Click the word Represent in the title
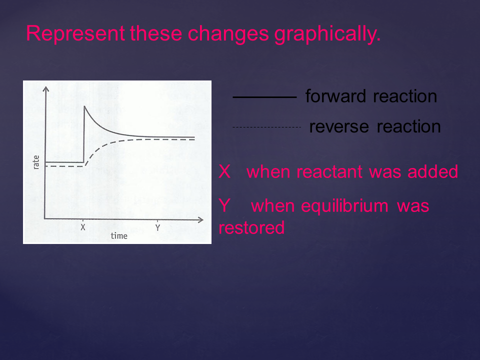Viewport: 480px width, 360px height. pyautogui.click(x=75, y=33)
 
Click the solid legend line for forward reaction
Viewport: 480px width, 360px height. pyautogui.click(x=265, y=97)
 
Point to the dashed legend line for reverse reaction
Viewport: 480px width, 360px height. pyautogui.click(x=266, y=127)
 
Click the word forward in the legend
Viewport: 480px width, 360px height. pyautogui.click(x=335, y=96)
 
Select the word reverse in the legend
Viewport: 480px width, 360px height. pyautogui.click(x=339, y=127)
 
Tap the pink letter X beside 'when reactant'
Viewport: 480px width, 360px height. pyautogui.click(x=224, y=171)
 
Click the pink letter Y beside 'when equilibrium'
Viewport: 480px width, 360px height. pyautogui.click(x=224, y=205)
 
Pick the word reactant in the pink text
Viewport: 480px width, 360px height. pyautogui.click(x=330, y=171)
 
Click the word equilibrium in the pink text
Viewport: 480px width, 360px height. pyautogui.click(x=344, y=205)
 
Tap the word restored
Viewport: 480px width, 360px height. pyautogui.click(x=251, y=228)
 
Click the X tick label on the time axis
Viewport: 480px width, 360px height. pyautogui.click(x=83, y=227)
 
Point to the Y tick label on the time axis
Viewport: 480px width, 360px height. pyautogui.click(x=157, y=228)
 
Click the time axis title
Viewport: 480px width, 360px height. pyautogui.click(x=119, y=236)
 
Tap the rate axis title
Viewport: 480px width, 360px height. pyautogui.click(x=36, y=162)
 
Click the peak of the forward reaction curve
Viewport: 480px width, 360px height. pyautogui.click(x=84, y=106)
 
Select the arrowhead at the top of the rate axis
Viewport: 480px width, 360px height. pyautogui.click(x=46, y=89)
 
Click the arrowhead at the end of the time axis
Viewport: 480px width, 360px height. pyautogui.click(x=201, y=220)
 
